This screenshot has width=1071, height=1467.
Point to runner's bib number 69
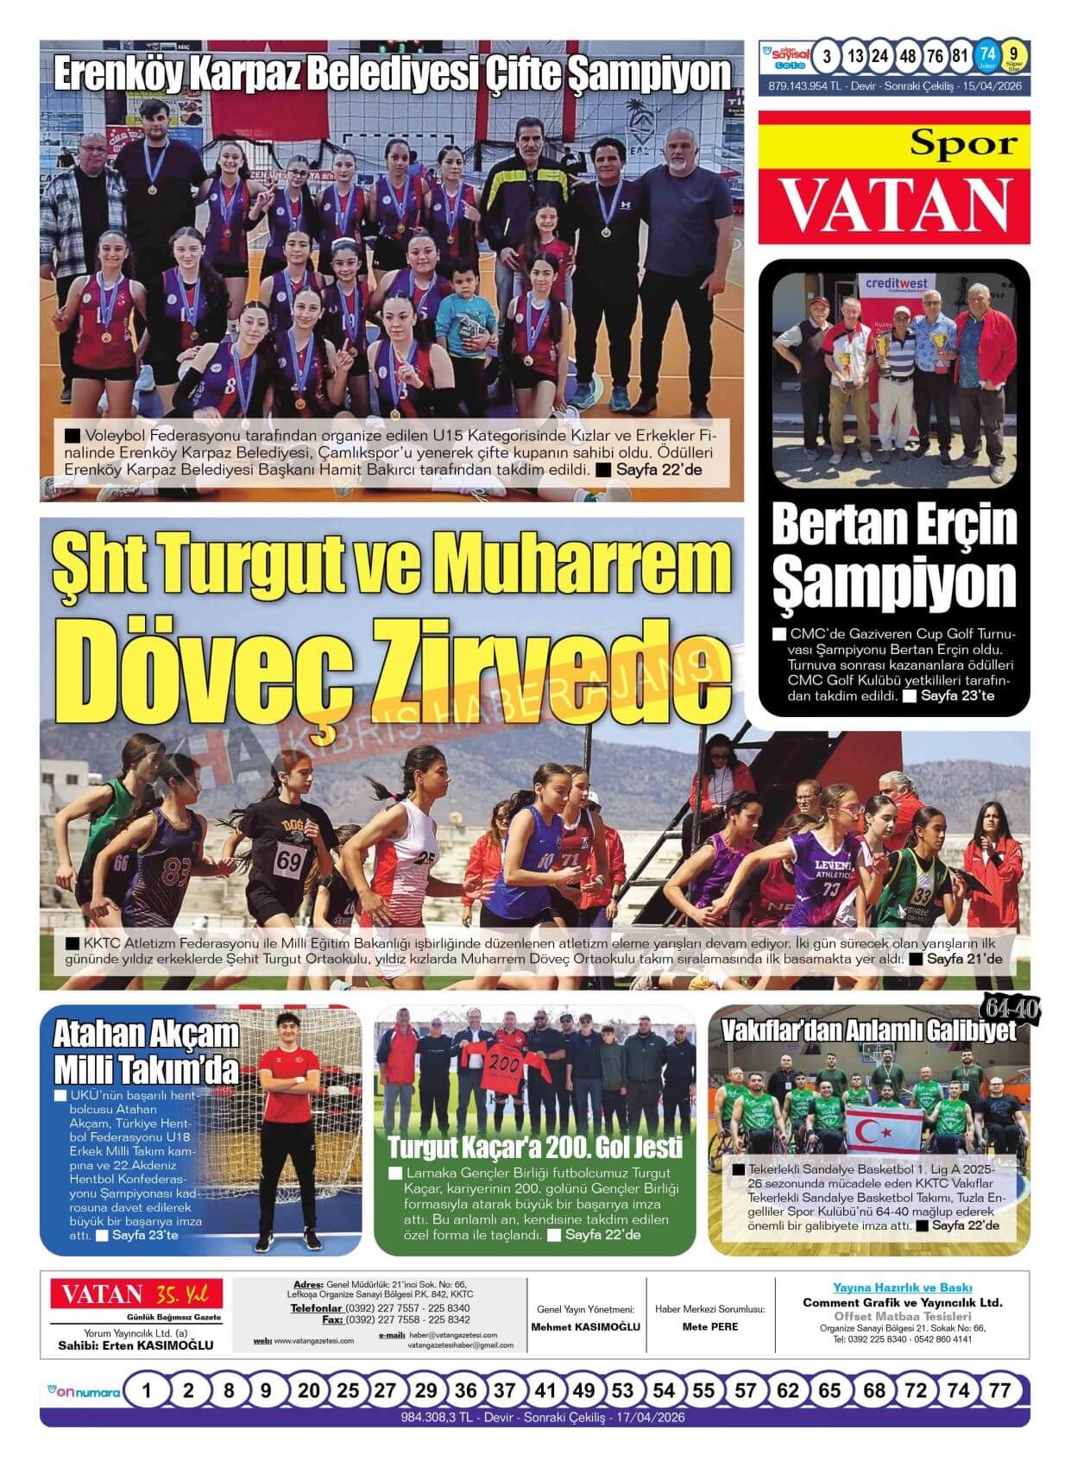coord(290,860)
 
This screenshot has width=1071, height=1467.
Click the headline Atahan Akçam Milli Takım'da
coord(146,1051)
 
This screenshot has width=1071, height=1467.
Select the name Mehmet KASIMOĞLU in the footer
coord(585,1326)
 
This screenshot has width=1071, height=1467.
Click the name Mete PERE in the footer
coord(710,1326)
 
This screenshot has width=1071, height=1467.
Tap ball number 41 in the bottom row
coord(545,1390)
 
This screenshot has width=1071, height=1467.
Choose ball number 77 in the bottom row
coord(999,1390)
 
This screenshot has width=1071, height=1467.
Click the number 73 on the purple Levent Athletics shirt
coord(831,889)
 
